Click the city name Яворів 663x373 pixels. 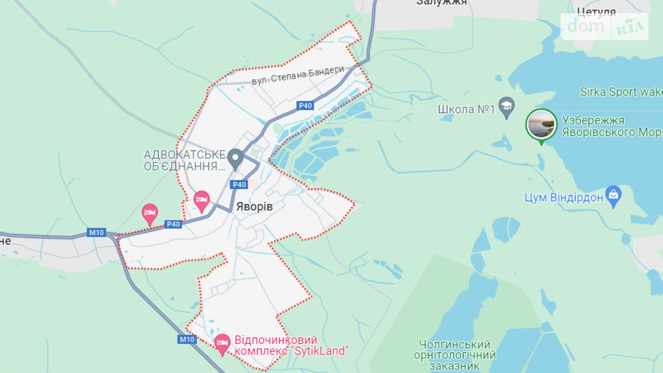254,207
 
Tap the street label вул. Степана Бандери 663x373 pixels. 297,75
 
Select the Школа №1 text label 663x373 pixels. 466,109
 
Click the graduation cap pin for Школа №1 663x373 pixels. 506,107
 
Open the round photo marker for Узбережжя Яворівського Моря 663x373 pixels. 541,124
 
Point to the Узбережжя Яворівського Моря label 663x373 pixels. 611,126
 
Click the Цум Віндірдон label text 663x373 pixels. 563,198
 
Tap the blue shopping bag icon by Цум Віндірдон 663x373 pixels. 613,195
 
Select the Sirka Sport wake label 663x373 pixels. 621,92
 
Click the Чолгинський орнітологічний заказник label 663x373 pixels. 454,355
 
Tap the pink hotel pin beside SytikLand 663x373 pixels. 222,343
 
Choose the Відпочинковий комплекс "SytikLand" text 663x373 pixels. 291,345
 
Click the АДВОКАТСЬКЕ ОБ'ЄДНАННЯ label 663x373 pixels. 184,160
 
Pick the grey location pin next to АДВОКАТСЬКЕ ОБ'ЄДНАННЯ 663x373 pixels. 235,158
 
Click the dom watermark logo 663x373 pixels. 586,27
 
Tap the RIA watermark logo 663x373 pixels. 630,27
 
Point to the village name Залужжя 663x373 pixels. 442,3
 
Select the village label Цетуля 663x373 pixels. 596,12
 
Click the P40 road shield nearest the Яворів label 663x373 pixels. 239,185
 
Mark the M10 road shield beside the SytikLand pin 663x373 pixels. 187,339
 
